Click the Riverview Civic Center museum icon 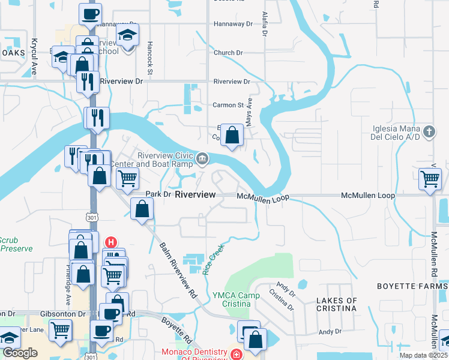click(202, 159)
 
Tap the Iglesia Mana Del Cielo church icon click(429, 131)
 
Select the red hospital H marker click(110, 242)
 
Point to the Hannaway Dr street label click(234, 25)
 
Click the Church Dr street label click(228, 53)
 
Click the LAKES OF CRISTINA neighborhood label click(336, 304)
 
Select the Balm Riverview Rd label click(178, 270)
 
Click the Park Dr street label click(159, 195)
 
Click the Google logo click(20, 353)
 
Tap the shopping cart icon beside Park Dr click(127, 178)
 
